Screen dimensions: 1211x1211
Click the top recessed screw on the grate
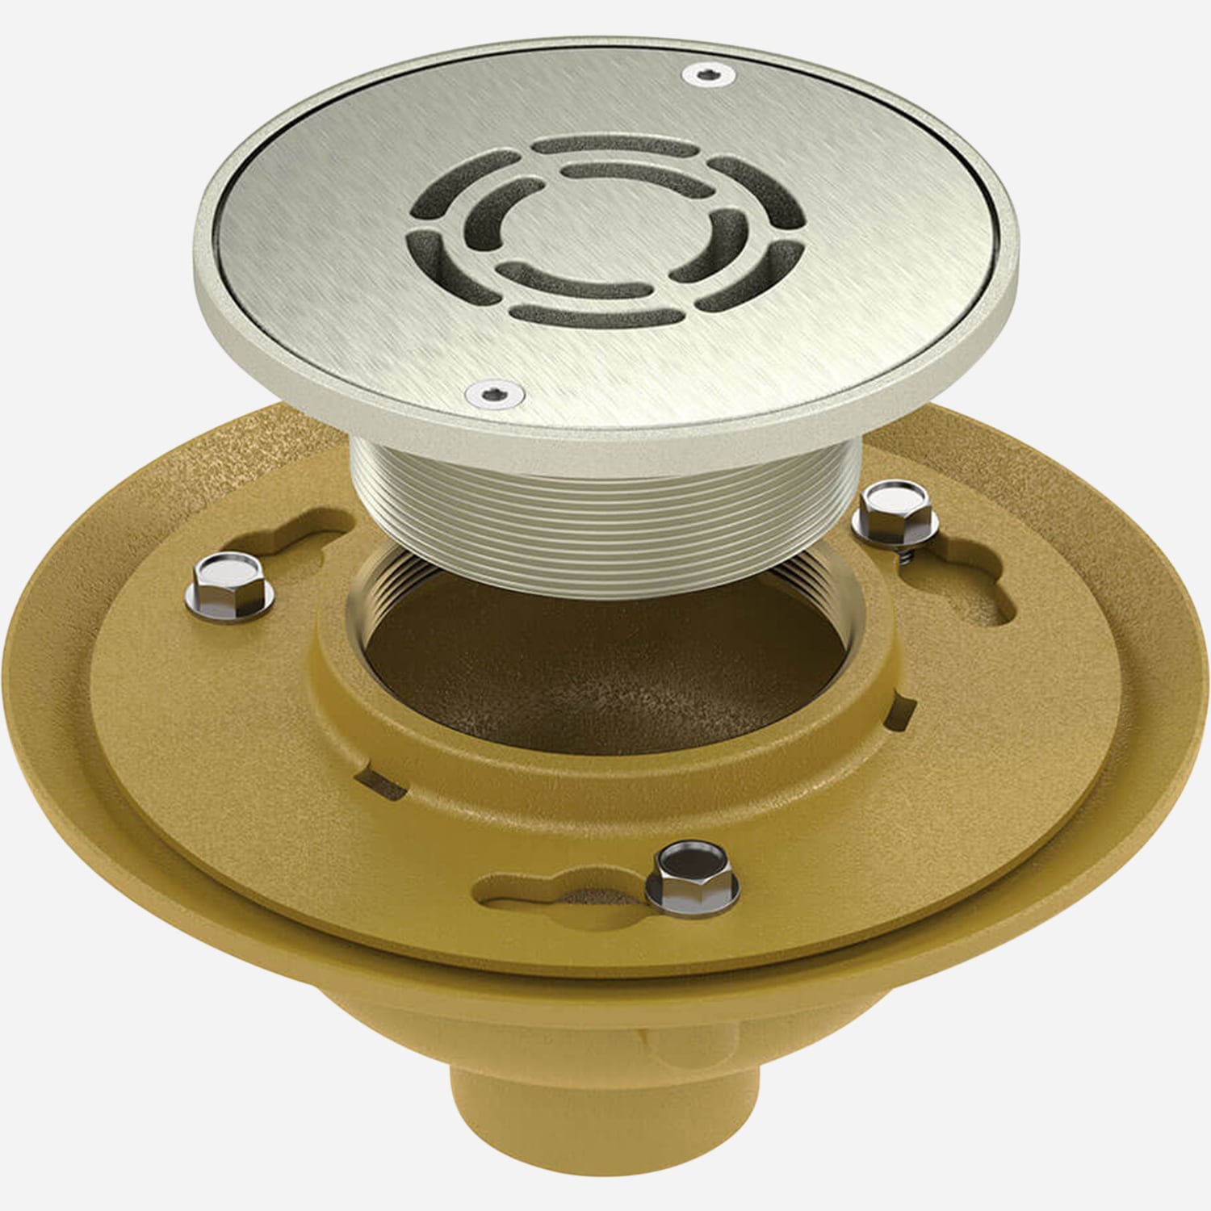point(709,75)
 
